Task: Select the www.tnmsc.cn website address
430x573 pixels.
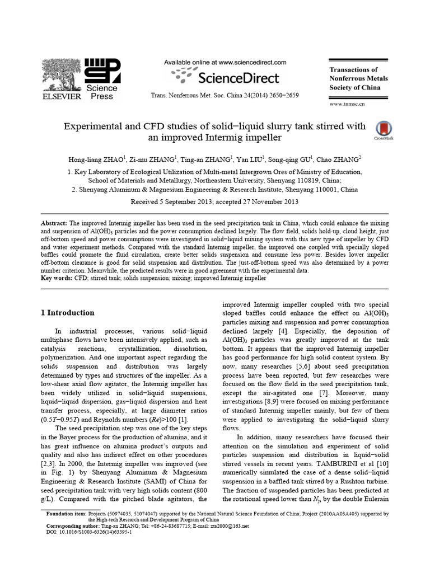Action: (347, 104)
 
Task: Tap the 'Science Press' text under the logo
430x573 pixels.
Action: (101, 92)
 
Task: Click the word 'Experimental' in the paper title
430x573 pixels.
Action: (100, 125)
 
